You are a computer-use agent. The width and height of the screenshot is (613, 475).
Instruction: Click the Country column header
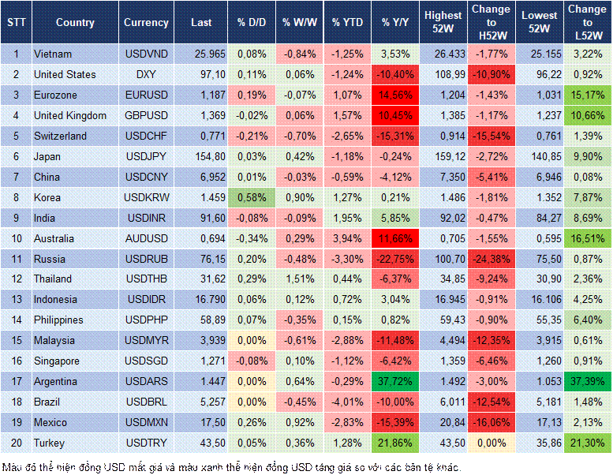75,23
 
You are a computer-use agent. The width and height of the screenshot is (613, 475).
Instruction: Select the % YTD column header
347,23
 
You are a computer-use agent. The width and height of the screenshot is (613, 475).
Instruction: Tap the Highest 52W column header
443,23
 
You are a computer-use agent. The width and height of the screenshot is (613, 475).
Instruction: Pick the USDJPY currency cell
146,156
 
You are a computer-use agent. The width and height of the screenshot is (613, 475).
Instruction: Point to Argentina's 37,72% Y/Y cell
395,381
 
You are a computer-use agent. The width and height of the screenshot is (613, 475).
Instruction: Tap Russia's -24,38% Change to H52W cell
492,259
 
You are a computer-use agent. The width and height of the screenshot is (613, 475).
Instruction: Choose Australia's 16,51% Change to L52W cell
587,238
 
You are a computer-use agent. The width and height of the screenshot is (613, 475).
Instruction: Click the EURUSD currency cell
146,95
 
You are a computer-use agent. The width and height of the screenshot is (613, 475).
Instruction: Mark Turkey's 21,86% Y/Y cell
395,443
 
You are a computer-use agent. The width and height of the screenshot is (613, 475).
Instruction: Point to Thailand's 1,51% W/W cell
298,279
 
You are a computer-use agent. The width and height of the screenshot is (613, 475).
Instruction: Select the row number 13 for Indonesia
16,299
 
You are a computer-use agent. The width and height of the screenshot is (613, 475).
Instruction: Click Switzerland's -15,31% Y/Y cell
395,136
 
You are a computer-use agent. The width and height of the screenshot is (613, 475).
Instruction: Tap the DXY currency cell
146,74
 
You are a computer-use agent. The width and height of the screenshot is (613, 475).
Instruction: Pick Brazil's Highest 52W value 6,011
443,402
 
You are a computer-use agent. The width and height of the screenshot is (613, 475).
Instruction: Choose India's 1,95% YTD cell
347,218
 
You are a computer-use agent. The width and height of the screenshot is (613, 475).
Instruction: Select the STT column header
16,23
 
